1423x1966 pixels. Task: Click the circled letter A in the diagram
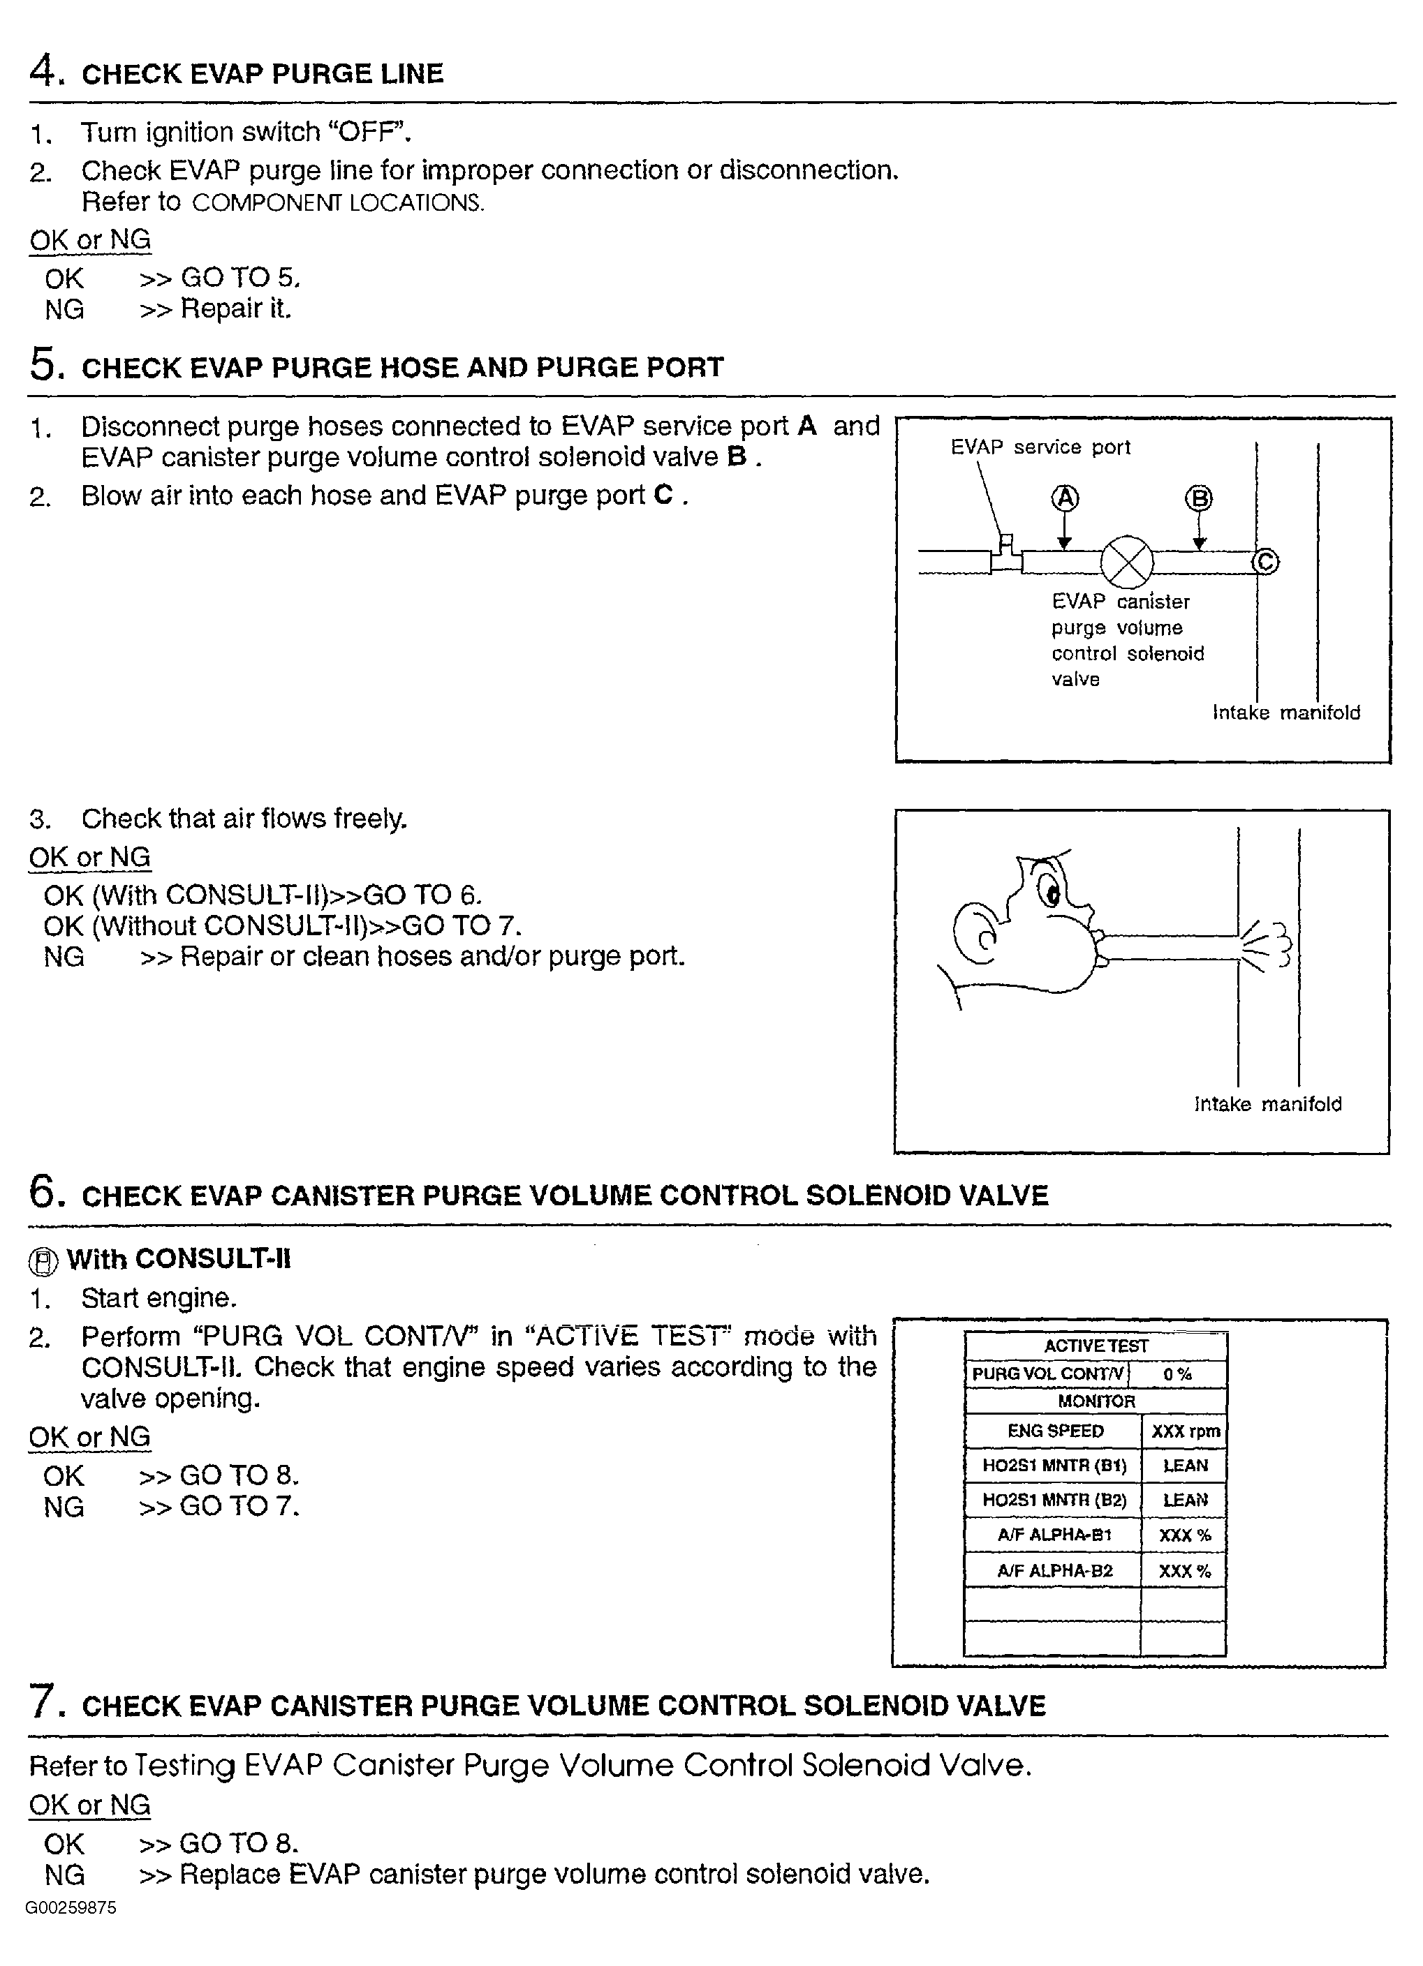pyautogui.click(x=1065, y=498)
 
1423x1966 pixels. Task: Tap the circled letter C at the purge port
pyautogui.click(x=1265, y=562)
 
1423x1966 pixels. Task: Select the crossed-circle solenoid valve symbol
pyautogui.click(x=1126, y=562)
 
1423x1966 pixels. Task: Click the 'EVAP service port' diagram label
pyautogui.click(x=1040, y=447)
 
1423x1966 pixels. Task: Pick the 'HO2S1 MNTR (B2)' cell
pyautogui.click(x=1054, y=1500)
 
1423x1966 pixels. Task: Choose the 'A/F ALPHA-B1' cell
pyautogui.click(x=1054, y=1534)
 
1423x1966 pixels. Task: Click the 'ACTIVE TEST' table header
pyautogui.click(x=1096, y=1346)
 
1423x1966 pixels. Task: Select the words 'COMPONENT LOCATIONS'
pyautogui.click(x=337, y=203)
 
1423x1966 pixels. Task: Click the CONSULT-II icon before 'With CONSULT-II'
pyautogui.click(x=43, y=1262)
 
